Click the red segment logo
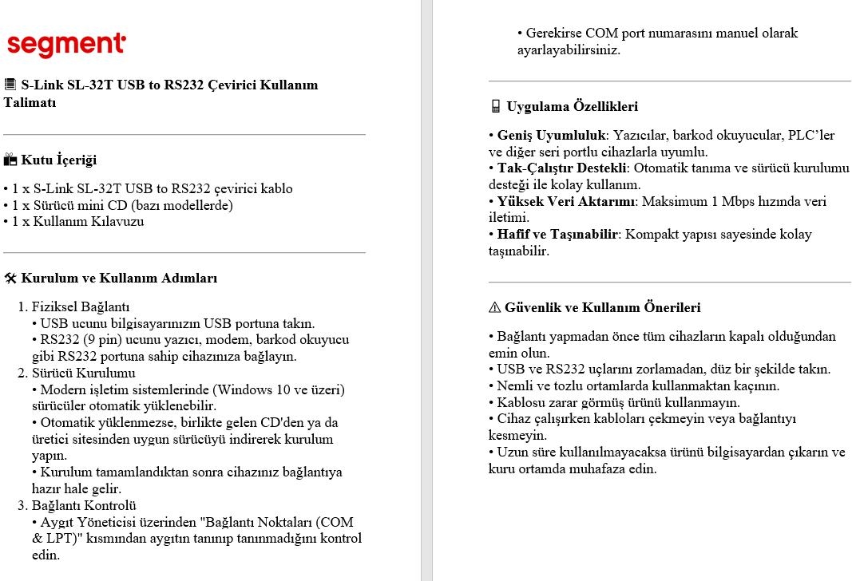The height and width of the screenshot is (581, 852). pyautogui.click(x=65, y=44)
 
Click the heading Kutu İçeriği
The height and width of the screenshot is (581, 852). pyautogui.click(x=58, y=160)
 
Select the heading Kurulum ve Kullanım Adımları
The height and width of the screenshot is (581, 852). pyautogui.click(x=119, y=279)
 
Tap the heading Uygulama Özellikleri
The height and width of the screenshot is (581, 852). pyautogui.click(x=572, y=106)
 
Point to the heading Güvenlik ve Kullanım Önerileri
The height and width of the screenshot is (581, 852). pyautogui.click(x=603, y=307)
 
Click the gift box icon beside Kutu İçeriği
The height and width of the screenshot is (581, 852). pyautogui.click(x=10, y=160)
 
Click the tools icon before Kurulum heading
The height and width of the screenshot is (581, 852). pyautogui.click(x=10, y=279)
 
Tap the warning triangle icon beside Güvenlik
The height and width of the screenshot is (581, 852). pyautogui.click(x=494, y=307)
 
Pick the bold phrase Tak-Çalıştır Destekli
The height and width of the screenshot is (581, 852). pyautogui.click(x=563, y=168)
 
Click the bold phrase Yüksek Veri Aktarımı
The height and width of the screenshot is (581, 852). pyautogui.click(x=566, y=201)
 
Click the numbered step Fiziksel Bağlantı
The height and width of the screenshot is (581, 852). pyautogui.click(x=81, y=306)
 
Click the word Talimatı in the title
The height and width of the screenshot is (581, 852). pyautogui.click(x=30, y=102)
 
